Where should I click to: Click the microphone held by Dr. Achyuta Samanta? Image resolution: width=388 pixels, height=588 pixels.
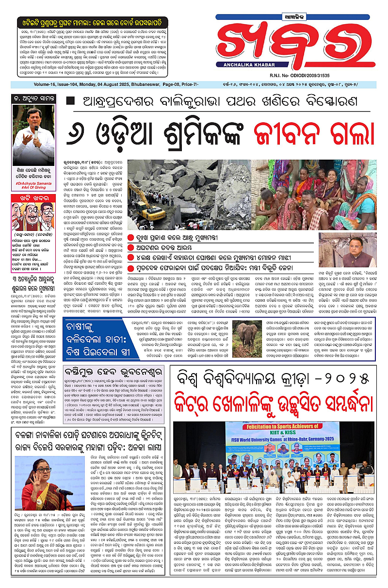(x=34, y=129)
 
